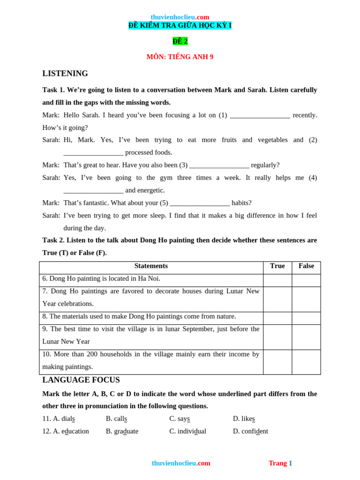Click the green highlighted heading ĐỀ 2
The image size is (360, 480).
point(180,41)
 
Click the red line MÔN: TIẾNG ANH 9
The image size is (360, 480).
point(180,57)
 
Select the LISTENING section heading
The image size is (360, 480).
point(65,74)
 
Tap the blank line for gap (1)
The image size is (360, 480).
point(260,116)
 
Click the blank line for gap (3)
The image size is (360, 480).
point(219,166)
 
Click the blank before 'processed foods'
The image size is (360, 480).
point(93,153)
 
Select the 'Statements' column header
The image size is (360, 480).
point(151,266)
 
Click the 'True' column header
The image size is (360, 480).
point(277,266)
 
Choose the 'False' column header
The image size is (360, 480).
point(306,266)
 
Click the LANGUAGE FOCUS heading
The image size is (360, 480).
point(81,380)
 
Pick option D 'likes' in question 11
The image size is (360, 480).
point(244,419)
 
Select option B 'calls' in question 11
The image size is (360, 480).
point(116,419)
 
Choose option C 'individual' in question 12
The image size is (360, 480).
point(187,431)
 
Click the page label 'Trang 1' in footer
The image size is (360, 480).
point(280,463)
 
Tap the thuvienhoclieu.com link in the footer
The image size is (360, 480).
point(181,463)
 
